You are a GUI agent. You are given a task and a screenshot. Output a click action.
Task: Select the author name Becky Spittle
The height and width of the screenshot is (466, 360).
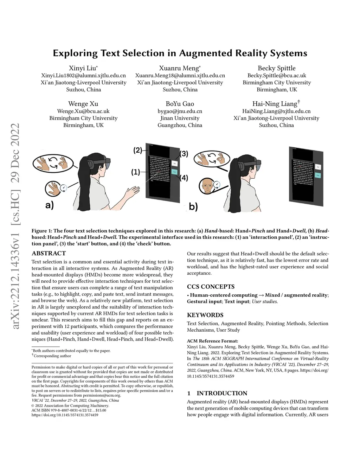pyautogui.click(x=276, y=68)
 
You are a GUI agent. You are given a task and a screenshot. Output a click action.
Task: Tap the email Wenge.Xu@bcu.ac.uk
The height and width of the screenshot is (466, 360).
pyautogui.click(x=83, y=111)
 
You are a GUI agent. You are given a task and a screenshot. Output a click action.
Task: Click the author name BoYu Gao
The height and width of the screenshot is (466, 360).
pyautogui.click(x=180, y=104)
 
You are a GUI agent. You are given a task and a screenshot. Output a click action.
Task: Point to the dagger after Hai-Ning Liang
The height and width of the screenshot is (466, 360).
pyautogui.click(x=299, y=102)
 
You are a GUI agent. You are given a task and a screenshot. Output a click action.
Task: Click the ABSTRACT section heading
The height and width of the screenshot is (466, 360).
pyautogui.click(x=49, y=253)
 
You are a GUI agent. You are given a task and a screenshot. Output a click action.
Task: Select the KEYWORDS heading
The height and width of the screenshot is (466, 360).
pyautogui.click(x=205, y=315)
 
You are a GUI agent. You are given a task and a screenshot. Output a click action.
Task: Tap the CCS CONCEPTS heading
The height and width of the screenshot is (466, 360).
pyautogui.click(x=211, y=287)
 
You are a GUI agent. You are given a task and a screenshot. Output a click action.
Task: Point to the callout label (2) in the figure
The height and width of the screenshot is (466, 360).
pyautogui.click(x=137, y=151)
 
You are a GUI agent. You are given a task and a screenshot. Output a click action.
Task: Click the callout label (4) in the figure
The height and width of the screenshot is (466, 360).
pyautogui.click(x=184, y=178)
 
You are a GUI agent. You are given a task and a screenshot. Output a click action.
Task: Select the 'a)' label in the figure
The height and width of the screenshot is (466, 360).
pyautogui.click(x=50, y=205)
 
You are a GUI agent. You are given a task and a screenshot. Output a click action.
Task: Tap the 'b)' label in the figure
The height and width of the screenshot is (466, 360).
pyautogui.click(x=193, y=207)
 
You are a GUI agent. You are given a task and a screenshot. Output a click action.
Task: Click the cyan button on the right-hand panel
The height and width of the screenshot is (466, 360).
pyautogui.click(x=317, y=175)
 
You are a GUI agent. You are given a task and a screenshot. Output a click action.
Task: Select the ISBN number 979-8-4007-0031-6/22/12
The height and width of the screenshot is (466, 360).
pyautogui.click(x=69, y=410)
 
